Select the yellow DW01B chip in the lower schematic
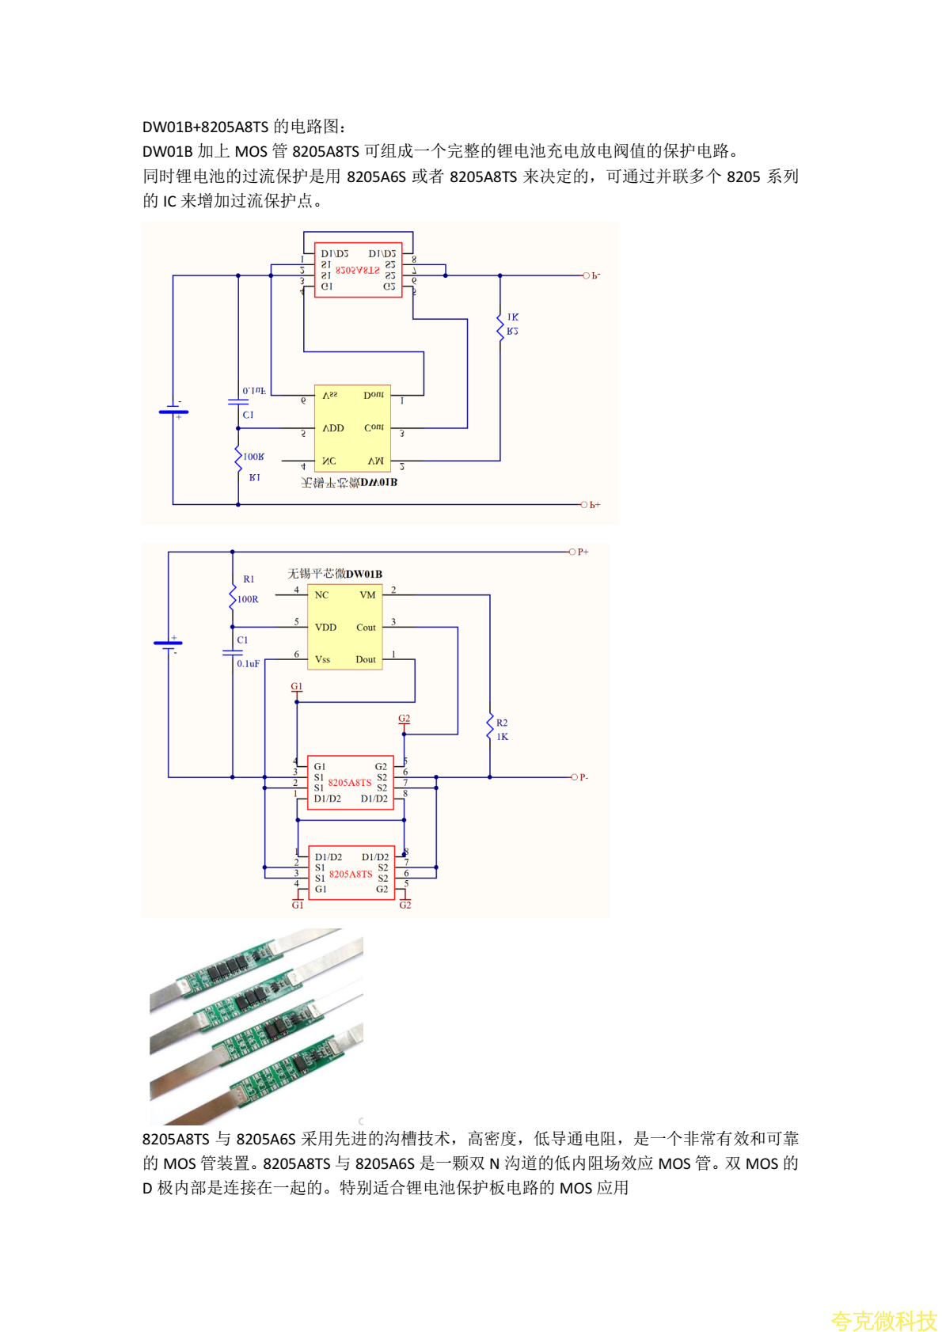(344, 627)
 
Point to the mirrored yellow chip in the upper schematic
(352, 427)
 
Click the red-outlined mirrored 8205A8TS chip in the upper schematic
(358, 270)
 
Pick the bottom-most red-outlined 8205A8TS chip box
(351, 873)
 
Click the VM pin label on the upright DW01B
(367, 595)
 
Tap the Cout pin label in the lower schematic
(366, 628)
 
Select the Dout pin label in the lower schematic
(366, 659)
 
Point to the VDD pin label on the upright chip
(325, 628)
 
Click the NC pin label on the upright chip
(321, 595)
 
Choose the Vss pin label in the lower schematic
(322, 659)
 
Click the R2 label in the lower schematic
(502, 723)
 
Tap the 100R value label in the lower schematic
(248, 599)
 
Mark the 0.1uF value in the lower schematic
(248, 663)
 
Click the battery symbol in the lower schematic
(168, 646)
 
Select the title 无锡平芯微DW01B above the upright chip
(334, 574)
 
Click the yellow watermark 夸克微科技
(883, 1320)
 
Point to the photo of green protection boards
(256, 1026)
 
